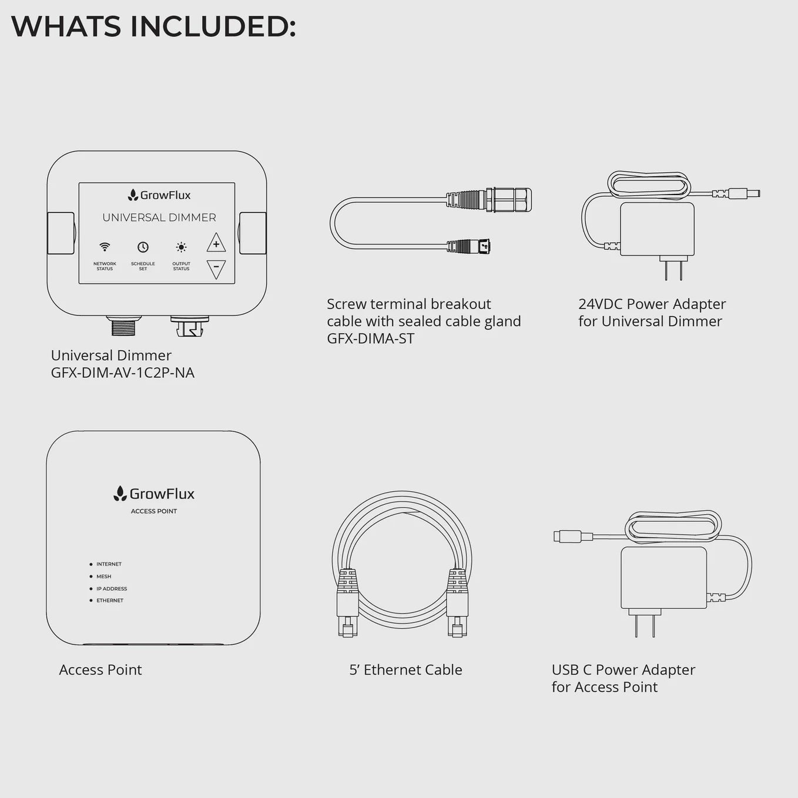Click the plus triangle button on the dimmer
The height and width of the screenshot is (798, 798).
tap(216, 243)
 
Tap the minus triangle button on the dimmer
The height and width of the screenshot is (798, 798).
tap(216, 268)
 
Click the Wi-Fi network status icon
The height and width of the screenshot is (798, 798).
tap(105, 247)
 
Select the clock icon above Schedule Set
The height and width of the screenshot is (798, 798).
tap(143, 247)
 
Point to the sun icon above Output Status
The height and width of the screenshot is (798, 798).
tap(181, 247)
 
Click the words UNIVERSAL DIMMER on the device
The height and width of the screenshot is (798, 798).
tap(159, 217)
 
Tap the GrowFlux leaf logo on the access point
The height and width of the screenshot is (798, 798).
tap(120, 494)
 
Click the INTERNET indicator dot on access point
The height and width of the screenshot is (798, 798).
tap(91, 564)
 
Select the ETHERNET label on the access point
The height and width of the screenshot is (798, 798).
tap(110, 601)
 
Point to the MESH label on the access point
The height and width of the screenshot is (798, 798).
tap(104, 576)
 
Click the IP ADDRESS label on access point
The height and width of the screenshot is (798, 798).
tap(112, 589)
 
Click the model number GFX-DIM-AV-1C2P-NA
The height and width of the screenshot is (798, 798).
tap(123, 373)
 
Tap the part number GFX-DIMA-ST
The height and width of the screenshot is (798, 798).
tap(371, 338)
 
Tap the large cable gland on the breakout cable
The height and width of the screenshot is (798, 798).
tap(508, 200)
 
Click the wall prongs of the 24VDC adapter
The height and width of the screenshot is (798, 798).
tap(674, 270)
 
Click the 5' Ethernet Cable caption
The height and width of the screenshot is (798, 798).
tap(406, 670)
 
